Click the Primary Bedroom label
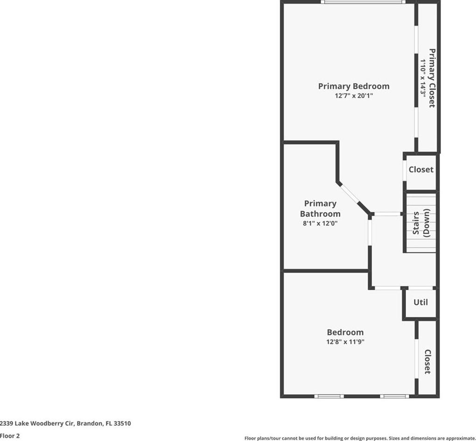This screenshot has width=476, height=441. pos(354,86)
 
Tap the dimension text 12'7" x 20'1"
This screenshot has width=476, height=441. pos(354,96)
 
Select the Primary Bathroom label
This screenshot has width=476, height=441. pos(320,208)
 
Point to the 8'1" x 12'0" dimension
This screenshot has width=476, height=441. pos(320,223)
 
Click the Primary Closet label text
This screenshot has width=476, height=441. pos(432,78)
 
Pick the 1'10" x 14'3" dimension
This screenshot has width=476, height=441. pos(423,78)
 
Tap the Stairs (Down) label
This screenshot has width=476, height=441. pos(421,223)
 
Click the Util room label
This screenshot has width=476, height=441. pos(421,302)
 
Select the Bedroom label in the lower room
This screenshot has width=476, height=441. pos(345,332)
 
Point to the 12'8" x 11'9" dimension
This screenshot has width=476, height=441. pos(345,341)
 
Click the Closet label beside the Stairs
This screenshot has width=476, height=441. pos(421,169)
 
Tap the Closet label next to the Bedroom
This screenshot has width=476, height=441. pos(427,362)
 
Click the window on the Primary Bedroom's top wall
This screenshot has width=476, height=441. pos(363,2)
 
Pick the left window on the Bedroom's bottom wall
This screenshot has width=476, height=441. pos(329,396)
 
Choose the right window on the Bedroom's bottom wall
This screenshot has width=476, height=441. pos(394,396)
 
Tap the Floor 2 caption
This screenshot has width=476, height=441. pos(10,435)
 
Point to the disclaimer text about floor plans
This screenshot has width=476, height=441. pos(360,438)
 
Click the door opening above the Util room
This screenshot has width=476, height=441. pos(420,288)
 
